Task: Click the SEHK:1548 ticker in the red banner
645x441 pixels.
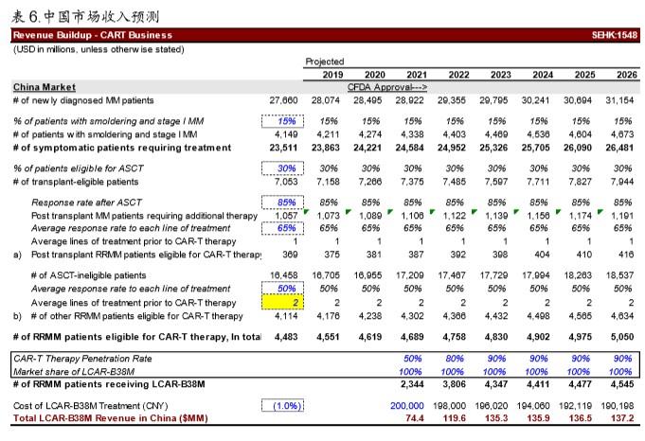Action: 615,35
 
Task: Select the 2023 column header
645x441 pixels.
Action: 501,75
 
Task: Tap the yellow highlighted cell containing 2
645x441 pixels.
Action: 282,303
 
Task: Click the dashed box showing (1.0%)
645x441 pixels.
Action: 282,406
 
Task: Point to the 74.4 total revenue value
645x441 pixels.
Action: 414,418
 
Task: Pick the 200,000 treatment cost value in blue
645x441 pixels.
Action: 407,406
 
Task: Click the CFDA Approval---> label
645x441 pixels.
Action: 387,87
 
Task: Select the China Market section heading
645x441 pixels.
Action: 45,87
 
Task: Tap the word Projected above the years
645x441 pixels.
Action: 325,62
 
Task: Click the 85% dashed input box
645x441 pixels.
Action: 282,203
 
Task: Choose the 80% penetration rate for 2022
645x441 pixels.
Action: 455,359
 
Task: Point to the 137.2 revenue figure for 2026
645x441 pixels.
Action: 624,418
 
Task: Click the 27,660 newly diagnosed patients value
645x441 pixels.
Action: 283,100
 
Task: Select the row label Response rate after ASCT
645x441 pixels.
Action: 86,203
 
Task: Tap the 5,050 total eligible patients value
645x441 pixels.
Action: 622,337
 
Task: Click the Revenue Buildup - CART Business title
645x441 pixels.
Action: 93,35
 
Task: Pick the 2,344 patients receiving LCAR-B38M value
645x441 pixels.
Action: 412,384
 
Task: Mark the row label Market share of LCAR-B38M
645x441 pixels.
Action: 74,372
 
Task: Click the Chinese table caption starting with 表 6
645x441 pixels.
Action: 85,16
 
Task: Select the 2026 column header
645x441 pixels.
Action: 626,75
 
